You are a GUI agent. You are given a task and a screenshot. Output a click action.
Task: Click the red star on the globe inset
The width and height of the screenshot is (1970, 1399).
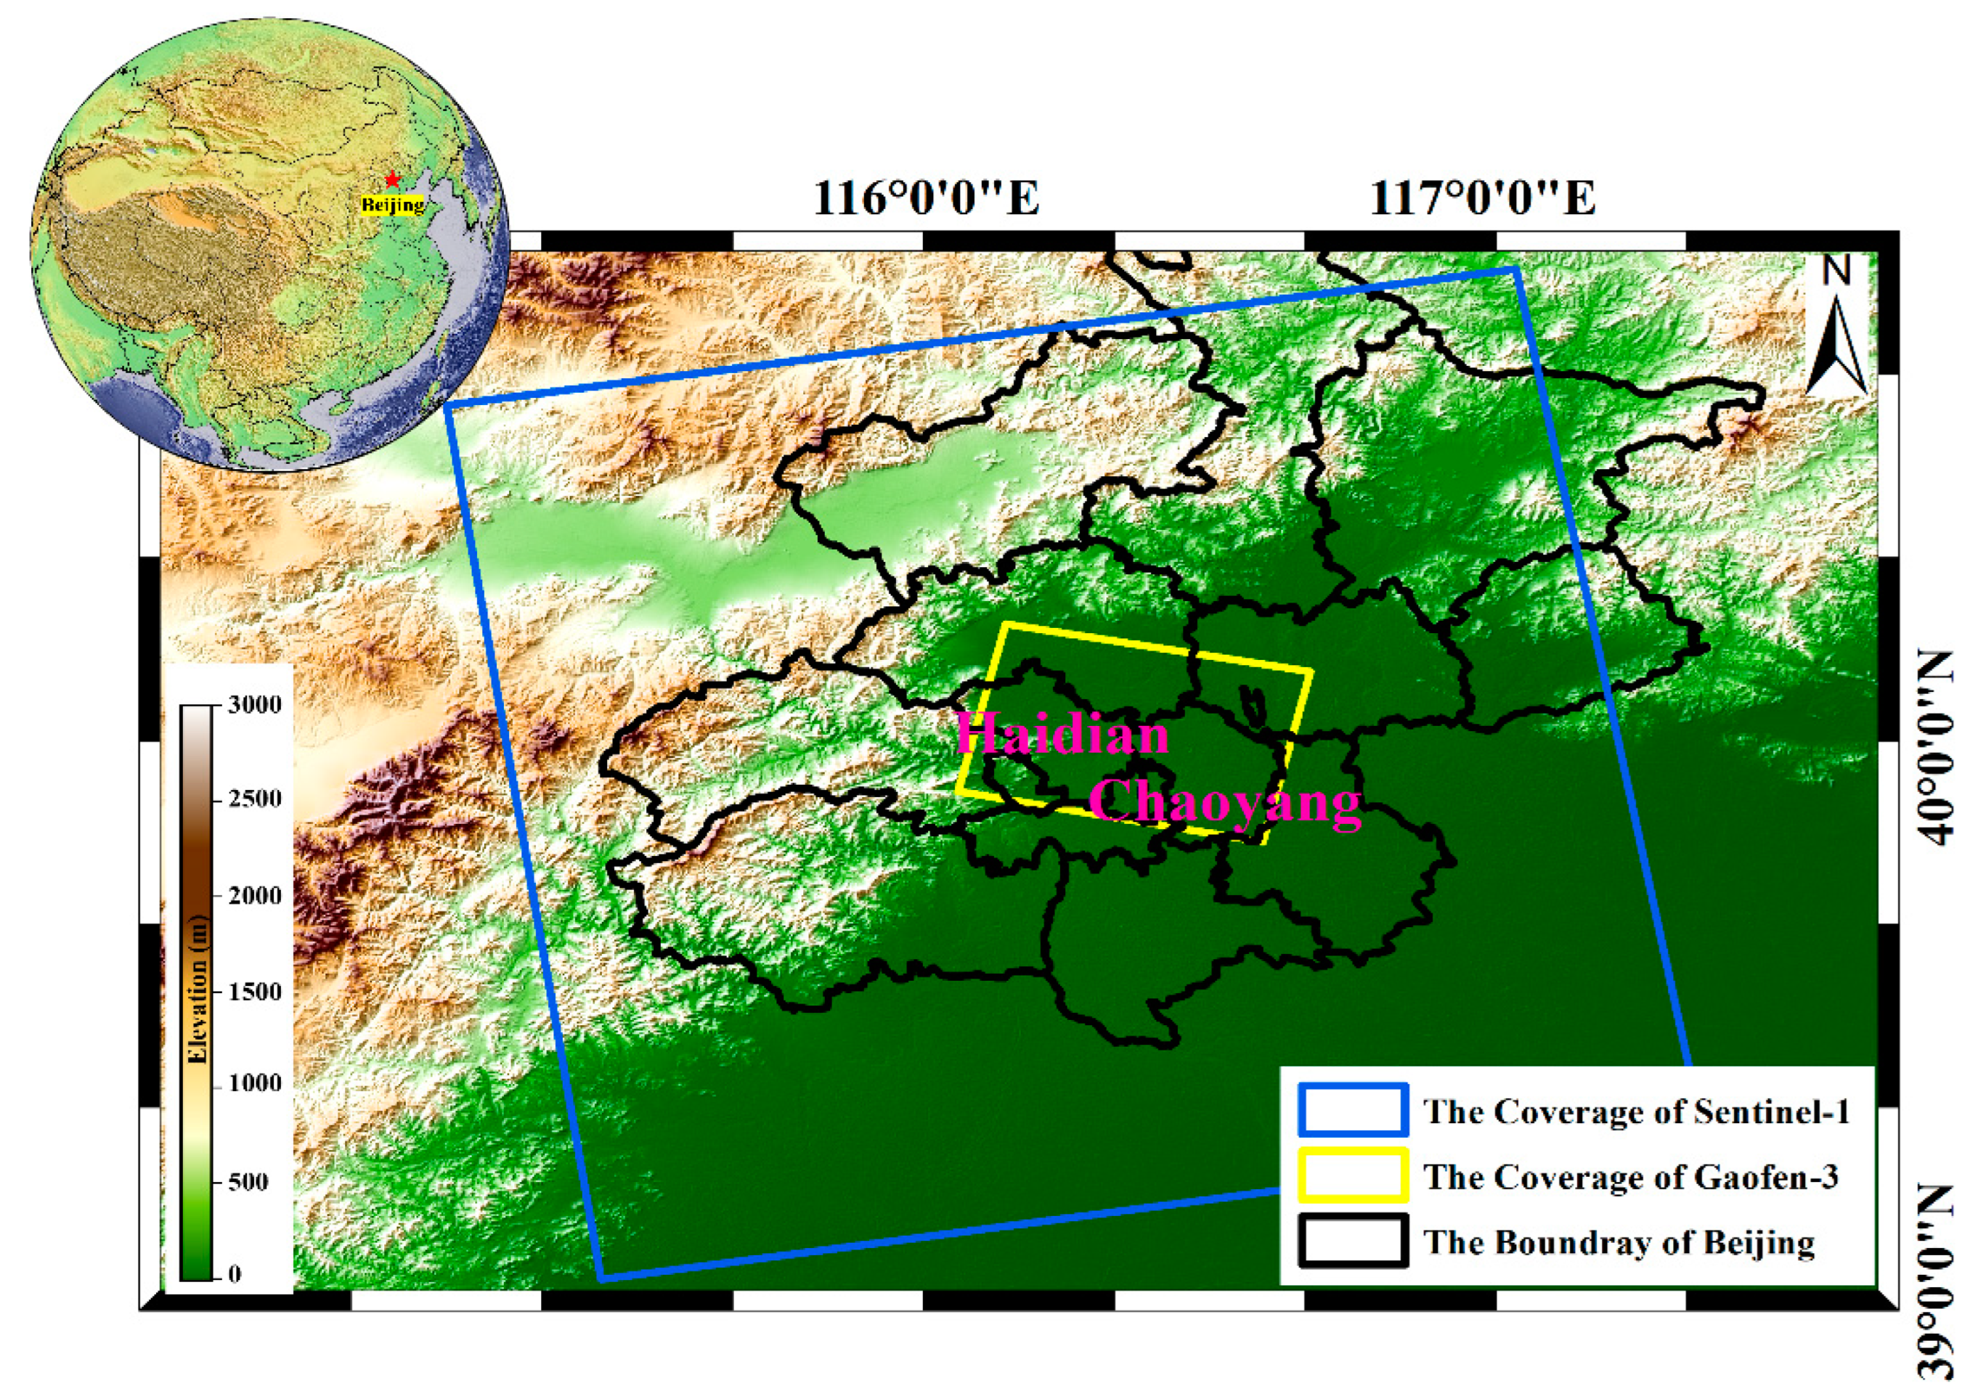pyautogui.click(x=392, y=179)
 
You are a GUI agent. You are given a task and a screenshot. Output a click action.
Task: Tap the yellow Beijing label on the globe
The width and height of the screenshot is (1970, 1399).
pyautogui.click(x=392, y=205)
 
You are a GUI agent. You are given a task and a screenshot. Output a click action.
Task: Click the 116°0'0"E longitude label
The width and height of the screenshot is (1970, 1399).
pyautogui.click(x=926, y=198)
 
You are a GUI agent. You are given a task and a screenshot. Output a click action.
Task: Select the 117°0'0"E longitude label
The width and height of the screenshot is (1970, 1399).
pyautogui.click(x=1481, y=198)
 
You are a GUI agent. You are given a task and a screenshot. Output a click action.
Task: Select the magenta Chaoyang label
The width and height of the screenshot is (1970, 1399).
pyautogui.click(x=1225, y=802)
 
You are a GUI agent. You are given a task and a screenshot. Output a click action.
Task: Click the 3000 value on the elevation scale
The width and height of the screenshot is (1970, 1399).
pyautogui.click(x=255, y=705)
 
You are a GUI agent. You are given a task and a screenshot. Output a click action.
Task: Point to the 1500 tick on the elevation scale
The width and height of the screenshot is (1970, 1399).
pyautogui.click(x=255, y=992)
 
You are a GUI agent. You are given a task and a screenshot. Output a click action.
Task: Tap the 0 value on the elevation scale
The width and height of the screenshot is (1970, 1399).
pyautogui.click(x=235, y=1273)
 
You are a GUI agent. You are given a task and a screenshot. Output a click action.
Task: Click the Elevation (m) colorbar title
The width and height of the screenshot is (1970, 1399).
pyautogui.click(x=198, y=991)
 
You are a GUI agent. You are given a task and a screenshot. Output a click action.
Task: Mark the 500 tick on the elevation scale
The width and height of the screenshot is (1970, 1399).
pyautogui.click(x=248, y=1181)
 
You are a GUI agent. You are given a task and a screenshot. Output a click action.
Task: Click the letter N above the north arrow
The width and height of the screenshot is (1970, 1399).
pyautogui.click(x=1836, y=272)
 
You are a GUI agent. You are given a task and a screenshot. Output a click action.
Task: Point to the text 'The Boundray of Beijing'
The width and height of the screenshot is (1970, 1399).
pyautogui.click(x=1619, y=1242)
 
